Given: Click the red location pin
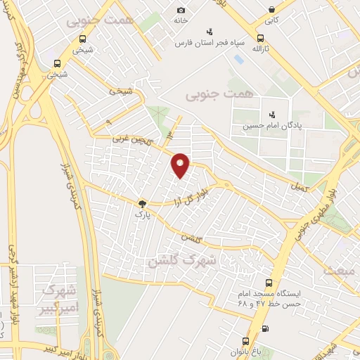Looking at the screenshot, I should pos(181,165).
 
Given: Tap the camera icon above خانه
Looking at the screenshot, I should pos(181,10).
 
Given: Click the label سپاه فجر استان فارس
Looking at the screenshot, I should pos(210,42).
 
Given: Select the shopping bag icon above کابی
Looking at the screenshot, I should pos(272,9).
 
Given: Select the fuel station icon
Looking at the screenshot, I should pos(264,328).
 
